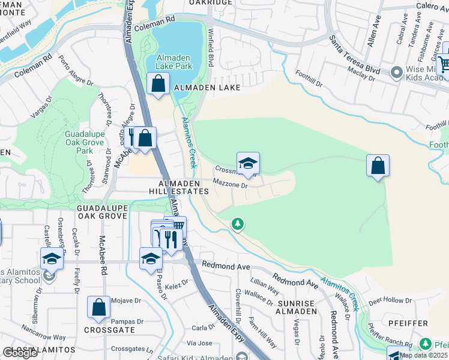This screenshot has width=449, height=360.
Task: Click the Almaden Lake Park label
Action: pos(174,62)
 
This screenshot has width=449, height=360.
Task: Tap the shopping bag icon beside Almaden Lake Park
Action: pos(158,85)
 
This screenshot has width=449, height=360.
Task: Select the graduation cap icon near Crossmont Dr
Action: pos(248,163)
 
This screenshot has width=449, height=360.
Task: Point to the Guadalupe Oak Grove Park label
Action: pos(85,143)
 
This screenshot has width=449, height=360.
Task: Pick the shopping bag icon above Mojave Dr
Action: pos(98,308)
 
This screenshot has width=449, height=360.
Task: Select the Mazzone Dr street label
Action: pos(231,185)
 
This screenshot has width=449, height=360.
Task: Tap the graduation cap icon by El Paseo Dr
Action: pos(151,259)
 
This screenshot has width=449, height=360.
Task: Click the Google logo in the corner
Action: pos(20,352)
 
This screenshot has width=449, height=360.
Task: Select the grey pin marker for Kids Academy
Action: pos(396,73)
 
